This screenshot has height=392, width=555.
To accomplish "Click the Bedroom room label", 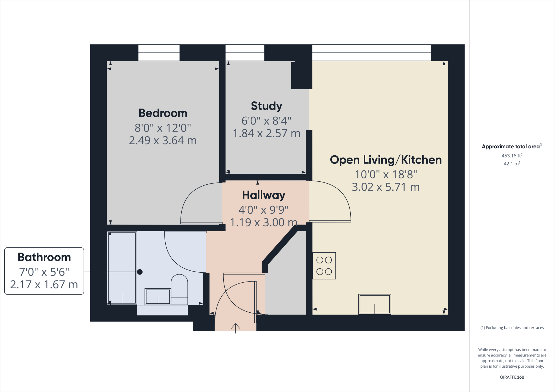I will click(x=163, y=113).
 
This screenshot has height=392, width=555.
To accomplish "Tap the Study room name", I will click(x=266, y=106).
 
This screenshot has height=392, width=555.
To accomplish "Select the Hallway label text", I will click(x=263, y=195).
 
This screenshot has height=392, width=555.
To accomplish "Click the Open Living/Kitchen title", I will click(x=385, y=160).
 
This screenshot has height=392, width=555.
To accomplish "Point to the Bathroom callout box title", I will click(x=44, y=257).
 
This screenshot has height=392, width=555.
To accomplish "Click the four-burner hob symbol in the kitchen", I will click(x=324, y=266).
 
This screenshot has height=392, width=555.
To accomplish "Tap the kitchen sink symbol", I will click(x=375, y=304).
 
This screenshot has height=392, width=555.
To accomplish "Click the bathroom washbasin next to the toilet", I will click(x=158, y=296).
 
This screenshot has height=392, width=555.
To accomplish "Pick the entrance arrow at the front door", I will click(x=235, y=328).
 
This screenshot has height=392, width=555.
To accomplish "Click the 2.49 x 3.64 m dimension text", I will click(x=163, y=141).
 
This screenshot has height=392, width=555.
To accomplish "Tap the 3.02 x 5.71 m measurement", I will click(x=385, y=187).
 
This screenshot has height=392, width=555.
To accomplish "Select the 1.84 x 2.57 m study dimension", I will click(x=266, y=133).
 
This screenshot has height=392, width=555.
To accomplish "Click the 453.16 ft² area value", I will click(x=512, y=156).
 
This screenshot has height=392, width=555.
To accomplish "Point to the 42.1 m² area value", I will click(x=512, y=164).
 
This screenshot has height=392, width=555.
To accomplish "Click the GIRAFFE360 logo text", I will click(x=512, y=377).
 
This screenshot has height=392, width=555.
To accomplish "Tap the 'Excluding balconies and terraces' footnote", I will click(x=512, y=328).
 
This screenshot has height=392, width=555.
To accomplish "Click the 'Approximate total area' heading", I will click(x=511, y=146).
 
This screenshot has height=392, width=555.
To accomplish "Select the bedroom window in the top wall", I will click(x=159, y=53).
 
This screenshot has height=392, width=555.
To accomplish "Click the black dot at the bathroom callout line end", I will click(x=140, y=272).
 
